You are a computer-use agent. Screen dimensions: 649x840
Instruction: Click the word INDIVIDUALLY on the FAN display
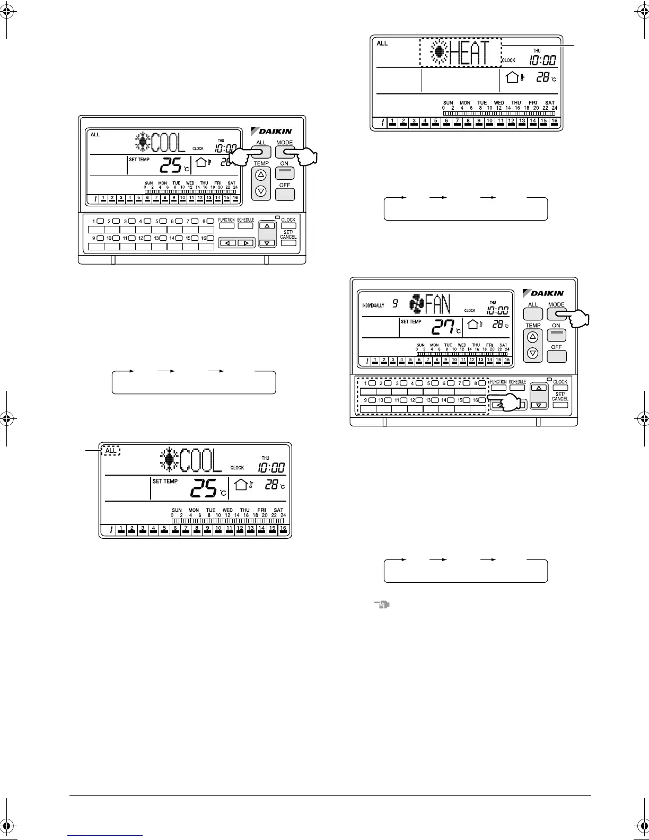(x=373, y=305)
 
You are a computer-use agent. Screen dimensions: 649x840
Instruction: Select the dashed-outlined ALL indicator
(x=110, y=451)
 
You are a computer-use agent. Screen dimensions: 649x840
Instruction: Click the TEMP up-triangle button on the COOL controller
(x=260, y=174)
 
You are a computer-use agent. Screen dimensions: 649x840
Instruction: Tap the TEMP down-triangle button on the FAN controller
(x=533, y=353)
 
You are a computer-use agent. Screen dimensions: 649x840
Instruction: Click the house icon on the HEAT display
(x=512, y=77)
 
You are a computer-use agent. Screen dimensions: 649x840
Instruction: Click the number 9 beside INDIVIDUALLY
(x=395, y=303)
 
